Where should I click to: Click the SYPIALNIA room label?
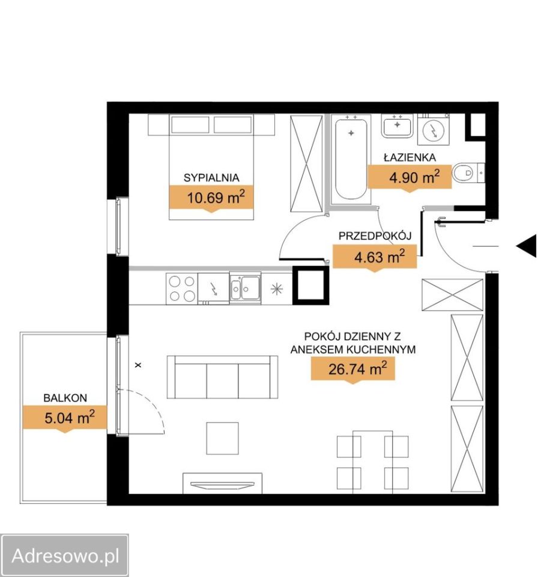(x=211, y=178)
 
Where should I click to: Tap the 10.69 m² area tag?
(x=211, y=198)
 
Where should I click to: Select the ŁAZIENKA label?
(x=410, y=157)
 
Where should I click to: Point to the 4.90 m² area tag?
(x=410, y=178)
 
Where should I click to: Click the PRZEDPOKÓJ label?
(x=375, y=236)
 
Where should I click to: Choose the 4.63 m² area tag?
(x=375, y=257)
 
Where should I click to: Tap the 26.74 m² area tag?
(x=353, y=369)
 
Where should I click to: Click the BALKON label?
(x=65, y=398)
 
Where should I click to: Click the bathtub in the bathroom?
(x=351, y=160)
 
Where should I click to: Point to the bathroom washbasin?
(x=397, y=126)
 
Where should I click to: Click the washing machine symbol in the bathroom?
(x=434, y=129)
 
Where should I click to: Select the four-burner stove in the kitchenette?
(x=182, y=288)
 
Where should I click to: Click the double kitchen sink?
(x=245, y=288)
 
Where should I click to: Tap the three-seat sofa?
(x=223, y=377)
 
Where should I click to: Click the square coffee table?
(x=223, y=438)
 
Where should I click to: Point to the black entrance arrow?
(x=527, y=246)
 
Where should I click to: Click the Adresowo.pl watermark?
(x=65, y=555)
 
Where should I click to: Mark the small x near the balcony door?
(x=138, y=365)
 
